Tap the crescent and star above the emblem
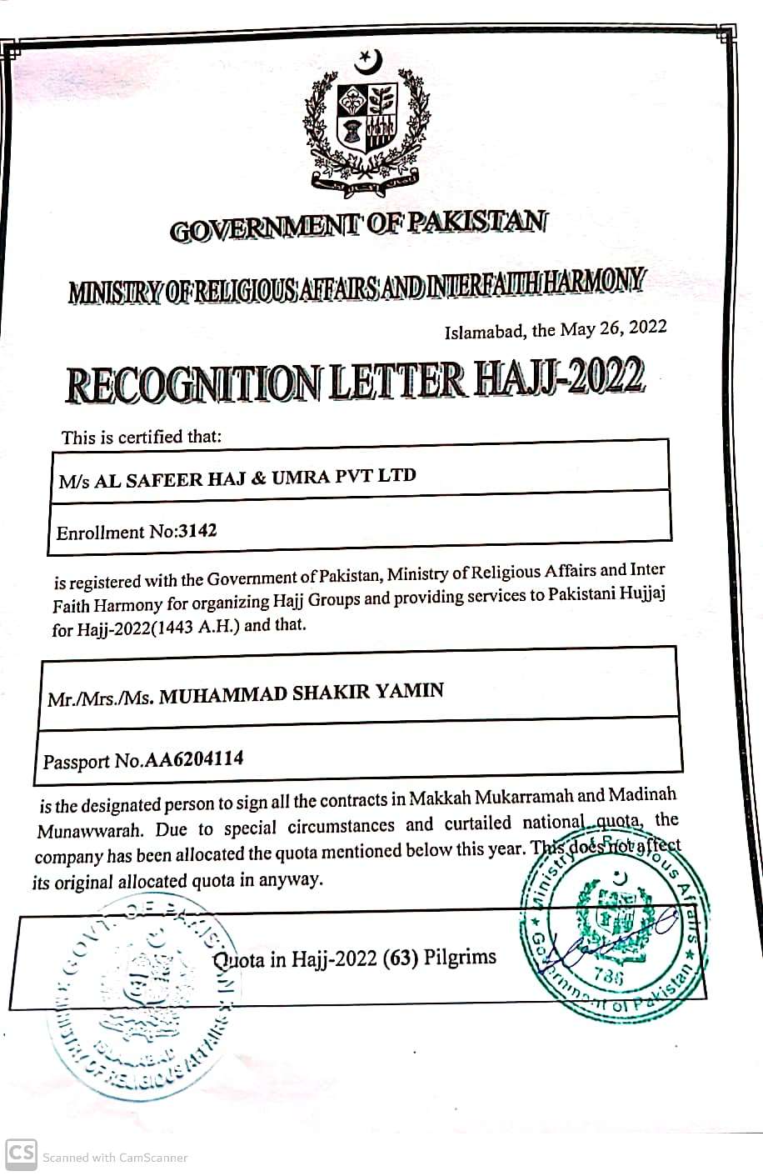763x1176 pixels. [x=367, y=60]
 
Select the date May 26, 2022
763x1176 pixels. [x=613, y=328]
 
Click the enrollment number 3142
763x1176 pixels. [x=197, y=531]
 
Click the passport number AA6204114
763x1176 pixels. [x=193, y=759]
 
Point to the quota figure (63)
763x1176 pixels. [x=400, y=958]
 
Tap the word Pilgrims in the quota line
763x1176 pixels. [x=460, y=956]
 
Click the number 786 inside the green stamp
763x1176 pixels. [x=609, y=976]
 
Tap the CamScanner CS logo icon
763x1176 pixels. [x=21, y=1153]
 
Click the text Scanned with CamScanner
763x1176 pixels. [x=115, y=1157]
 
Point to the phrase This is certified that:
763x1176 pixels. [x=142, y=437]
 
